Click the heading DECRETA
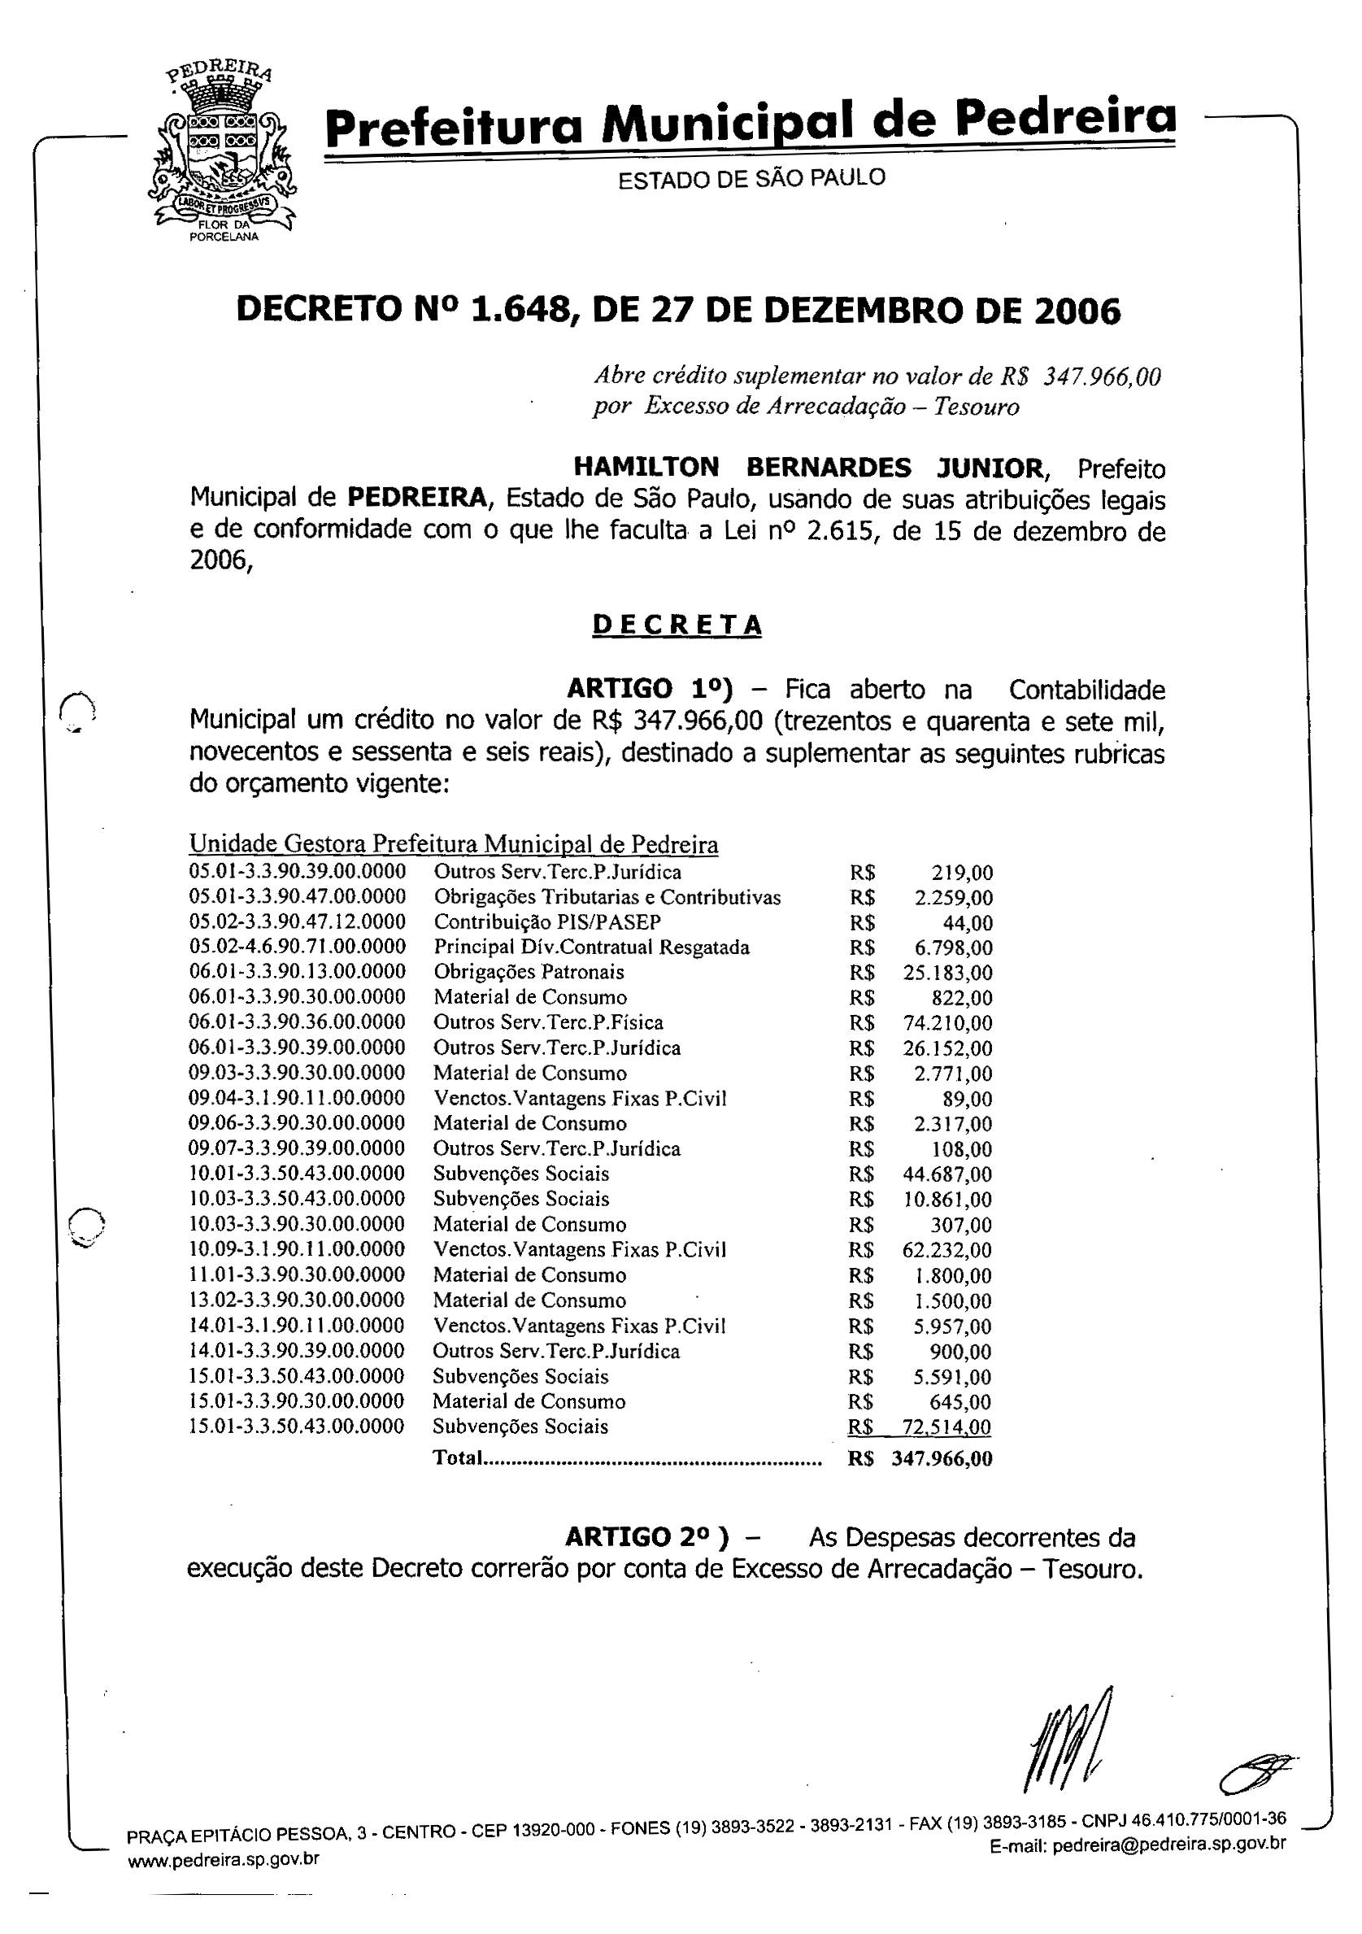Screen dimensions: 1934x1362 (x=677, y=624)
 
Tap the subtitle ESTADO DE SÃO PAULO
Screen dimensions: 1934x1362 (x=751, y=179)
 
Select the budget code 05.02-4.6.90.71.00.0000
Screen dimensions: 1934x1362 (x=298, y=947)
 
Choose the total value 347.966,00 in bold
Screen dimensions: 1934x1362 (x=942, y=1458)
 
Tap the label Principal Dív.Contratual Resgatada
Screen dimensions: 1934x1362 (x=591, y=947)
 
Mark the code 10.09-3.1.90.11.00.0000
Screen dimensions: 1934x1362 (x=297, y=1249)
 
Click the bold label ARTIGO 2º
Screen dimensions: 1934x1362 (x=647, y=1537)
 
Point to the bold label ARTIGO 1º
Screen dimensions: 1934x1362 (x=650, y=688)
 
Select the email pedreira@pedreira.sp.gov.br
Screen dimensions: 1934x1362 (x=1169, y=1844)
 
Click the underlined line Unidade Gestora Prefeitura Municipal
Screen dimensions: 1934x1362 (x=453, y=843)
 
